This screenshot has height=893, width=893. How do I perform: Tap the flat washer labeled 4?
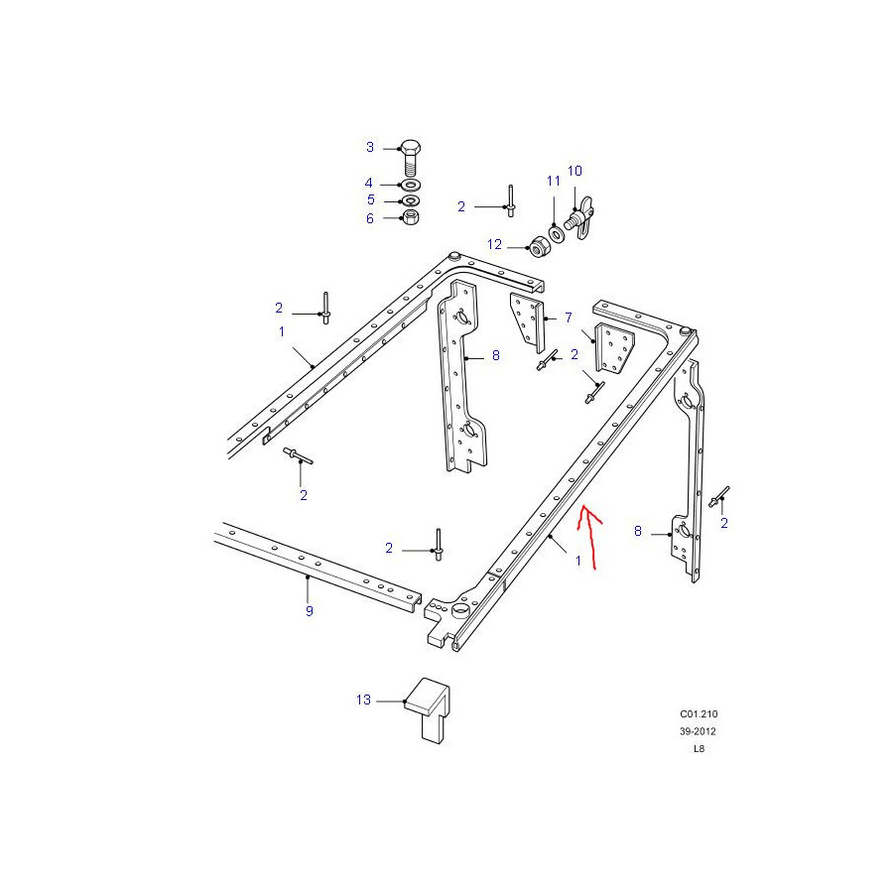pos(410,185)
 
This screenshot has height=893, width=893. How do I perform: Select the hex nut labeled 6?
pos(411,217)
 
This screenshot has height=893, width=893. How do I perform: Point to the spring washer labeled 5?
pos(410,200)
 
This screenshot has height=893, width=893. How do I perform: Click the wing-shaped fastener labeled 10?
pos(579,218)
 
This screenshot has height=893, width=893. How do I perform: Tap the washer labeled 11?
pos(556,234)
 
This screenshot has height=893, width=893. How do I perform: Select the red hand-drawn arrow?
pos(589,537)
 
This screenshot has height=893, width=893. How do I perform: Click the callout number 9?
pos(310,611)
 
